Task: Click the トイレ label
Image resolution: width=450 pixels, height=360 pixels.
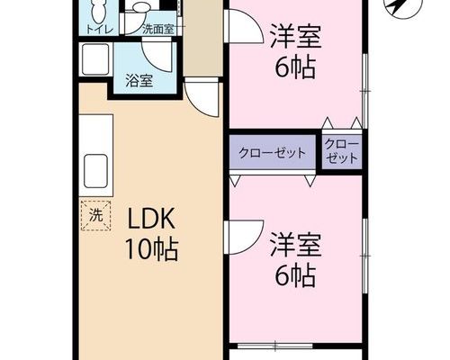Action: (100, 30)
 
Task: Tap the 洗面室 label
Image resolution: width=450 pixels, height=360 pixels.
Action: (158, 30)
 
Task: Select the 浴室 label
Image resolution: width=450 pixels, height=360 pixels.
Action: (139, 80)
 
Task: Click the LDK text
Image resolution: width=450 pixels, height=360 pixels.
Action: (151, 219)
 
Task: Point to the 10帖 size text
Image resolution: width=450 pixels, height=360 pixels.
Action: (151, 249)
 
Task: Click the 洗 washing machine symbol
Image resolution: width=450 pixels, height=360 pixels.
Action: (96, 216)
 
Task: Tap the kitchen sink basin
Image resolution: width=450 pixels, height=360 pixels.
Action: (95, 171)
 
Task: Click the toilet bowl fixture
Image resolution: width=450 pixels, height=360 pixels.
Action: (99, 12)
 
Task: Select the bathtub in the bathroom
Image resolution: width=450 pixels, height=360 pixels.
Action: (95, 59)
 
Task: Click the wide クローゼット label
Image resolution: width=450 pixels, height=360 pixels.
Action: (272, 153)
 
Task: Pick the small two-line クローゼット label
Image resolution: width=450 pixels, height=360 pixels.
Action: (342, 151)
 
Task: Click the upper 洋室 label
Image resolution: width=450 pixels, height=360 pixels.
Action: (296, 37)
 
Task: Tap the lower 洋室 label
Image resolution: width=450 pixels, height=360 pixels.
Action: (296, 245)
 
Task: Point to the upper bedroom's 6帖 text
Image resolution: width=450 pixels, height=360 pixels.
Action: (296, 67)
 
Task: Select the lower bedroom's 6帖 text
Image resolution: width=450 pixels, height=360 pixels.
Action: (296, 275)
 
